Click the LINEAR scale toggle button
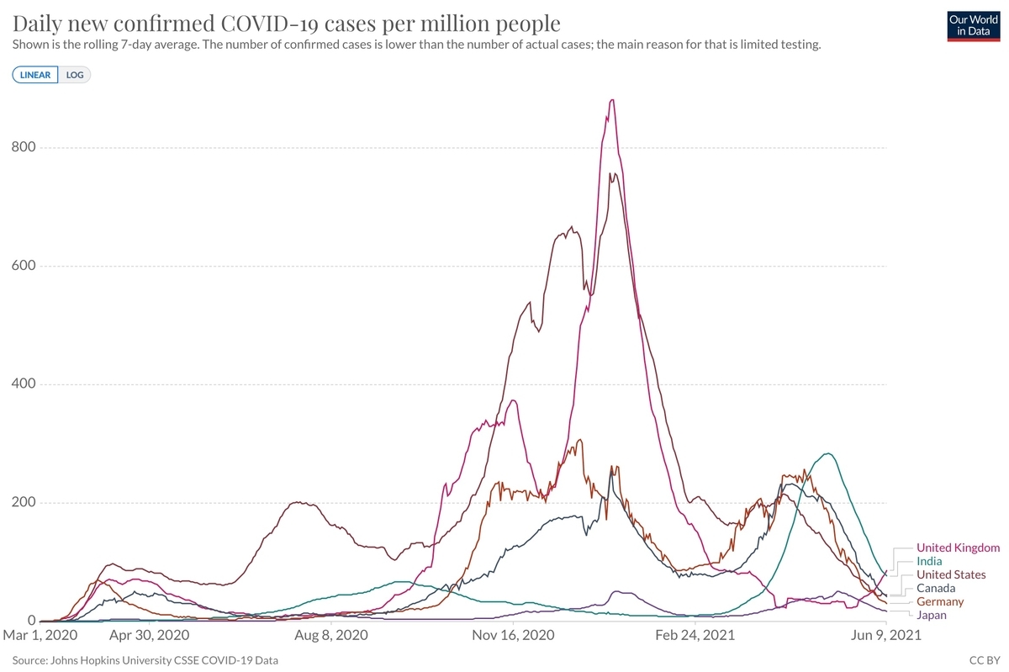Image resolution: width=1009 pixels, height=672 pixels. point(35,75)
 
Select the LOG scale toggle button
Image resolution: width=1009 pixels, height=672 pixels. point(76,75)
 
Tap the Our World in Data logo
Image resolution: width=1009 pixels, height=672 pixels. point(972,25)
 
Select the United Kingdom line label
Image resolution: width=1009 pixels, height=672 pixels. point(958,548)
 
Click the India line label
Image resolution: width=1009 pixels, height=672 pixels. point(929,561)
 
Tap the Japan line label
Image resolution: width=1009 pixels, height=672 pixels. point(931,616)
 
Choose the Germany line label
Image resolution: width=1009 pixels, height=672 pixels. point(940,602)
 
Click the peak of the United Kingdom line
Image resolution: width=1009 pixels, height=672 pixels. point(612,100)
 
